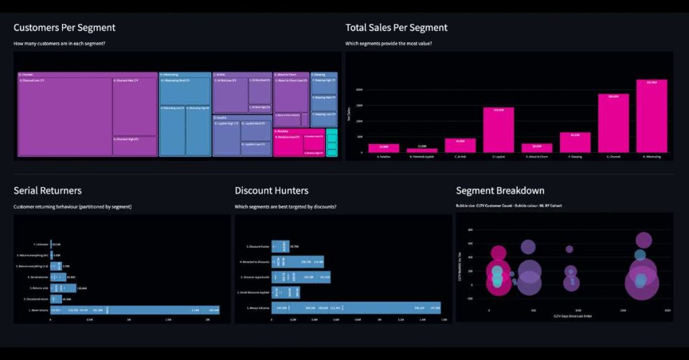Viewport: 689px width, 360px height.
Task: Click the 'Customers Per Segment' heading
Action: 65,28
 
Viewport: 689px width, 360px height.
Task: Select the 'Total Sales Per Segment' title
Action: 396,28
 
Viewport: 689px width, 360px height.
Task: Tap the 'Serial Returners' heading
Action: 48,190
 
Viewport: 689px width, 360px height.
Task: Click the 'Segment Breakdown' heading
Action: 500,190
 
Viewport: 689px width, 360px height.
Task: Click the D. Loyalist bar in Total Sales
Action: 499,130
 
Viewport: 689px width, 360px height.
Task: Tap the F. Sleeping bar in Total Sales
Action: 575,143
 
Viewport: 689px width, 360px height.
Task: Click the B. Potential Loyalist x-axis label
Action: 422,156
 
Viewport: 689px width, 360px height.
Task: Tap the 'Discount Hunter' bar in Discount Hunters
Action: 281,246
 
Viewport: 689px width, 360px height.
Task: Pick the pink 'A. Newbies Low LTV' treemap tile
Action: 287,144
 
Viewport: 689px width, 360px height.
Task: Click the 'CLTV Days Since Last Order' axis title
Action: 573,316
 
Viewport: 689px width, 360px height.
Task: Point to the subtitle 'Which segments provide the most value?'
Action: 388,44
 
